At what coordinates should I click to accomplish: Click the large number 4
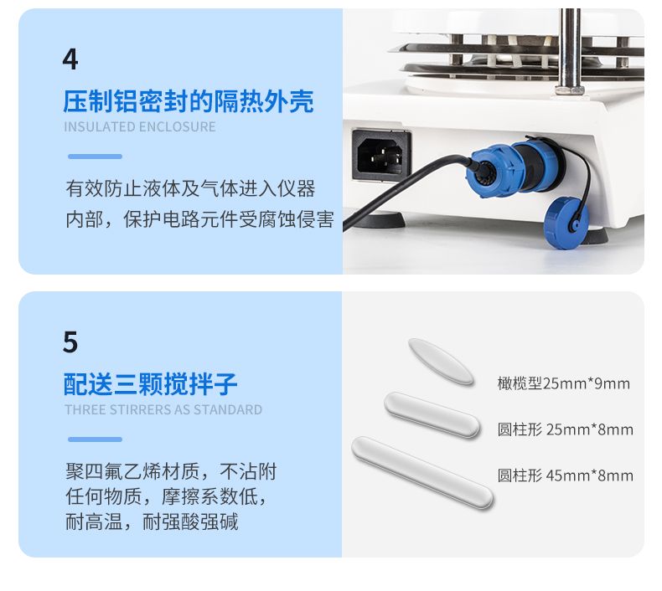coord(70,59)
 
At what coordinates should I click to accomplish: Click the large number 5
coord(70,342)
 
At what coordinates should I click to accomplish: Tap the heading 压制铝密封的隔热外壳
coord(189,101)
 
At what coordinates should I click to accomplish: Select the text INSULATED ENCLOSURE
coord(140,126)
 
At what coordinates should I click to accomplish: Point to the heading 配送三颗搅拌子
coord(150,384)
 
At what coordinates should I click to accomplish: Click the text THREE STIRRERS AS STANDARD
coord(163,409)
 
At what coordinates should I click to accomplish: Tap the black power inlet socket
coord(381,155)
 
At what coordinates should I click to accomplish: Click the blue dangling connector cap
coord(566,221)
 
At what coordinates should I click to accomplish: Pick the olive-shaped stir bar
coord(441,362)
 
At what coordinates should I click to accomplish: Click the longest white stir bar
coord(422,472)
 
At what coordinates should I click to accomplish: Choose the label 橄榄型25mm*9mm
coord(563,383)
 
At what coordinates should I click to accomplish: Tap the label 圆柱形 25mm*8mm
coord(566,429)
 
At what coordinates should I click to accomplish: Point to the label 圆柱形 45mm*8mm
coord(566,475)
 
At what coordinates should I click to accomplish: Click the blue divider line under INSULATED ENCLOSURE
coord(95,157)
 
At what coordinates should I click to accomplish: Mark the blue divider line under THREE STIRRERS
coord(95,439)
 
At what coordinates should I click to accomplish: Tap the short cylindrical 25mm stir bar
coord(432,414)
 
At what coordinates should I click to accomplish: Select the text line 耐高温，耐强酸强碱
coord(152,522)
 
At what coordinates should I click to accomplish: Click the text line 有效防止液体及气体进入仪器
coord(190,188)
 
